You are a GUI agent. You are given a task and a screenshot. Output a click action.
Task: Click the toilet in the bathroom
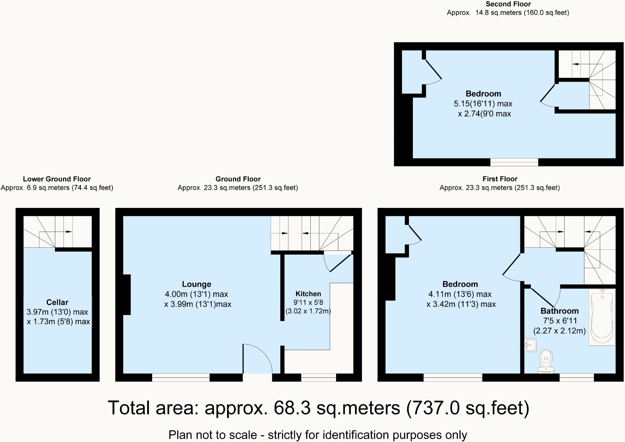(546, 361)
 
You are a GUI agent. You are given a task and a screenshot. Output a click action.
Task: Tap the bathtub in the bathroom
(602, 317)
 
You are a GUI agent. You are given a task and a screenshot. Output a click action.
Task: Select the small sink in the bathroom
(530, 345)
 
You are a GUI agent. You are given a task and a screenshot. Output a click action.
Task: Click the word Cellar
(57, 302)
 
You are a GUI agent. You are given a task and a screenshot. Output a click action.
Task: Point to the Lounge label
(197, 284)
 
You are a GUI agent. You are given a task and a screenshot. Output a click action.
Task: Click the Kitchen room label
(308, 294)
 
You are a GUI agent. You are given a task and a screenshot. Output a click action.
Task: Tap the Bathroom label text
(559, 311)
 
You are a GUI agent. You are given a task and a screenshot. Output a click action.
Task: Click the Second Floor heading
(508, 4)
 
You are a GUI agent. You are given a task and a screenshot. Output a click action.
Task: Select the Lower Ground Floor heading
(57, 179)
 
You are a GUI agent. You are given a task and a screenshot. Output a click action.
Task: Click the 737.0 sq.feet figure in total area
(468, 408)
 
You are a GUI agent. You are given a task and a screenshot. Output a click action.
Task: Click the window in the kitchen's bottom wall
(318, 378)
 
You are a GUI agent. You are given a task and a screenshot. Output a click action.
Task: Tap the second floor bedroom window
(514, 162)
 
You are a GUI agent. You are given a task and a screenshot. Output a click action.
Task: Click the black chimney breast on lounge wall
(127, 295)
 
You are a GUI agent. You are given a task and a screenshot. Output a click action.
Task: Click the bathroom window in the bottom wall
(576, 378)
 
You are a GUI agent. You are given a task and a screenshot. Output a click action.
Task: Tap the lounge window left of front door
(181, 378)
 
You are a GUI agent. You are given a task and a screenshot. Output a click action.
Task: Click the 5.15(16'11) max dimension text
(483, 104)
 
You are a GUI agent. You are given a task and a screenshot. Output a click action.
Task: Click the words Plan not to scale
(213, 435)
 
